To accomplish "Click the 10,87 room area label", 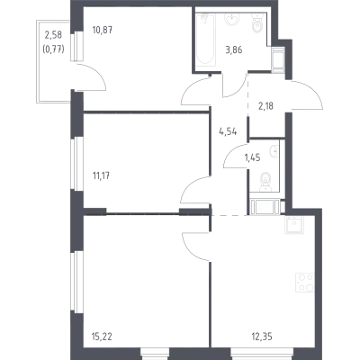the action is click(x=103, y=30).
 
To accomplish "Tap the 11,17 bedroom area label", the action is click(x=101, y=175).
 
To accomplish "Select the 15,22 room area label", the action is click(x=102, y=337).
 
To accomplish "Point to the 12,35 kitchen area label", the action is click(x=262, y=337).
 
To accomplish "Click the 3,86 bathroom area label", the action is click(x=234, y=50).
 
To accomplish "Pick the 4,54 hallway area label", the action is click(x=228, y=131).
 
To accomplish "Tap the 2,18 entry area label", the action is click(x=265, y=106).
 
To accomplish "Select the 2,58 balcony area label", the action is click(x=53, y=35).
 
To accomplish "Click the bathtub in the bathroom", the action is click(x=206, y=39).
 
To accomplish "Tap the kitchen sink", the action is click(x=294, y=225).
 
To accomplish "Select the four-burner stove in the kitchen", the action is click(x=305, y=283).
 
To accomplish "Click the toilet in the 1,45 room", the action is click(x=265, y=182).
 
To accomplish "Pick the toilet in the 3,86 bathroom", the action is click(x=257, y=24).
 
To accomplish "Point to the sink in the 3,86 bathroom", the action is click(x=231, y=19).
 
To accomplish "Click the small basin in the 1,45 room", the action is click(x=274, y=151).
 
